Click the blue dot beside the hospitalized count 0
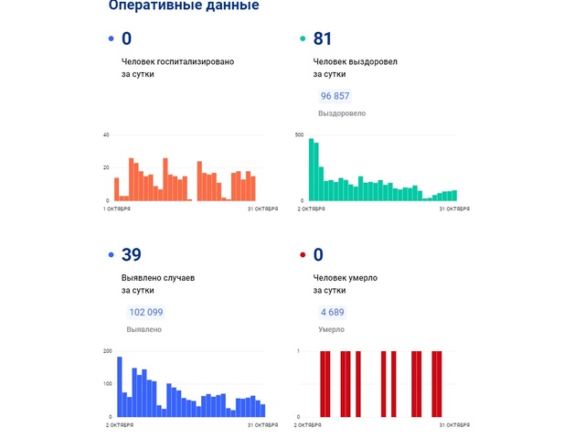112,39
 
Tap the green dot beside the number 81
303,39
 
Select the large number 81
322,38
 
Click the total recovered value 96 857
335,96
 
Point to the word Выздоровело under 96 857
341,113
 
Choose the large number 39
131,254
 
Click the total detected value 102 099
145,312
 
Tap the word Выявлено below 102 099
144,329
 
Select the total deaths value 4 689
331,312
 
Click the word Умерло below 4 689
330,329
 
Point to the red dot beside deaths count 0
303,255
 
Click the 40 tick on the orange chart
106,135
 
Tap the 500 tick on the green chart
299,135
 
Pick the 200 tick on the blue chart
107,351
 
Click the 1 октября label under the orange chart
116,209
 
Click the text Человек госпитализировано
177,61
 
